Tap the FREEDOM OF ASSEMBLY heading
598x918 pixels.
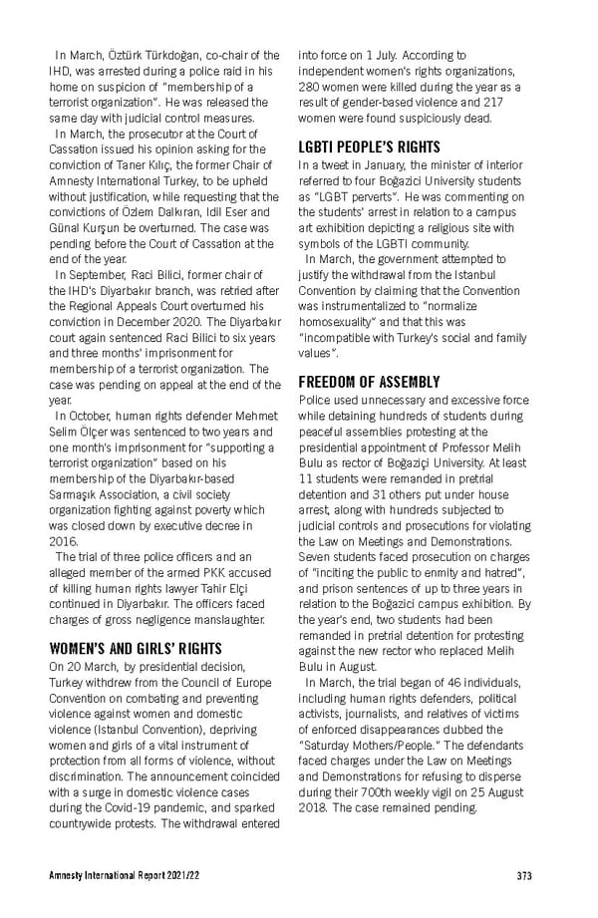pos(369,382)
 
